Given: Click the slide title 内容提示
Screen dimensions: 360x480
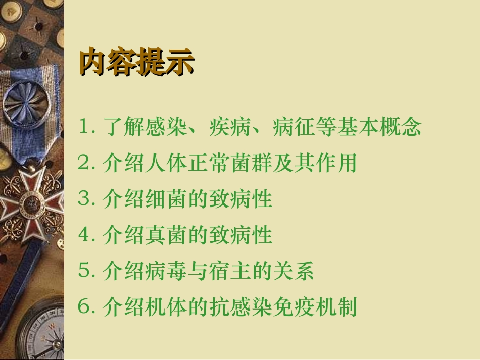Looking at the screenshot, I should click(136, 63).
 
